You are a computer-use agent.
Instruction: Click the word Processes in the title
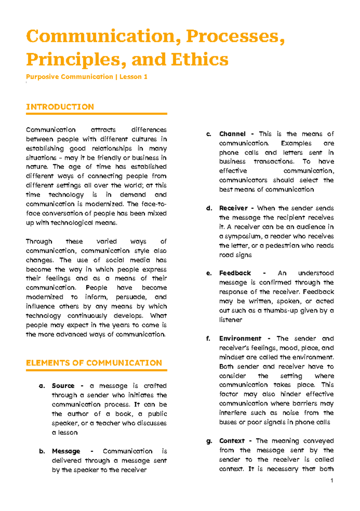point(235,37)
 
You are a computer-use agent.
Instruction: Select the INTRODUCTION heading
point(60,107)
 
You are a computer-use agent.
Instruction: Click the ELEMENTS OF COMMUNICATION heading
point(94,363)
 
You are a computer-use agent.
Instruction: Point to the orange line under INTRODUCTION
point(96,114)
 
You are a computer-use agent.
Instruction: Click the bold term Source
point(63,386)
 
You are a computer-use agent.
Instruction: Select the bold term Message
point(66,451)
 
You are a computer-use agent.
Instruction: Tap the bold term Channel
point(232,134)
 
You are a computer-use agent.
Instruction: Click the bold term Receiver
point(233,208)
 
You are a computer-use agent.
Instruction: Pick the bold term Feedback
point(235,273)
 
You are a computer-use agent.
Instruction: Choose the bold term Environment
point(240,339)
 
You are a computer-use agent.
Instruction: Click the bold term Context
point(232,441)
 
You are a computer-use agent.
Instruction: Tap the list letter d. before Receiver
point(209,208)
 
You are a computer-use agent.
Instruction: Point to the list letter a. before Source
point(42,386)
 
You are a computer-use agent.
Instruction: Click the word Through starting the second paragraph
point(39,242)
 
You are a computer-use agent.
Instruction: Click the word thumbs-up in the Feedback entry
point(281,311)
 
